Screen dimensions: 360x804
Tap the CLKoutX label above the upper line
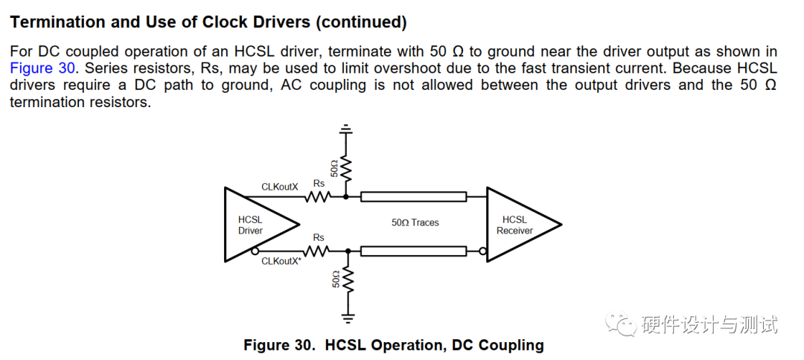(279, 187)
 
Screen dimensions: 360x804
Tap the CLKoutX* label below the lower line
(281, 261)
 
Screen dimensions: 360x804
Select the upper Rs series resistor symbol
(318, 197)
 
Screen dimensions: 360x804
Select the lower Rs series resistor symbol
(318, 251)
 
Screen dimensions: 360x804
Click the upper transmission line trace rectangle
(414, 197)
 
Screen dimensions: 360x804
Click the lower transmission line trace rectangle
(414, 251)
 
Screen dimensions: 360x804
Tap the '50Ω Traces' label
(415, 222)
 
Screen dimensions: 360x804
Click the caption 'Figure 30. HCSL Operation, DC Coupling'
(394, 345)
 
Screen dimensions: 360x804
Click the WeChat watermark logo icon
(619, 324)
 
